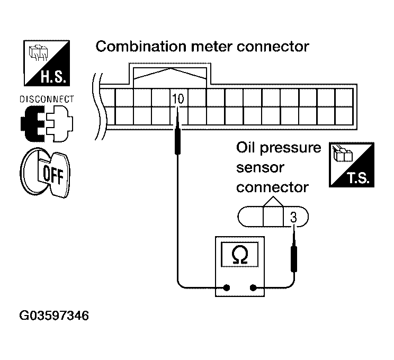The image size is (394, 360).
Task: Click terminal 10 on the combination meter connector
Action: click(178, 98)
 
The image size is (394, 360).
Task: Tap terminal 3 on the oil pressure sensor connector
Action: click(293, 217)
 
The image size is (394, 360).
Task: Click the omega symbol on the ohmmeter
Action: click(239, 255)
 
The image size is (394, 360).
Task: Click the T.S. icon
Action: click(352, 165)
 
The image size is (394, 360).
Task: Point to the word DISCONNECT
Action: click(47, 100)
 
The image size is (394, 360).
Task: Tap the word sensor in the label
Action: click(260, 167)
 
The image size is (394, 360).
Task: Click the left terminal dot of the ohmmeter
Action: click(227, 289)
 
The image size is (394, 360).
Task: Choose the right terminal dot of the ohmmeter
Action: click(253, 289)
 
